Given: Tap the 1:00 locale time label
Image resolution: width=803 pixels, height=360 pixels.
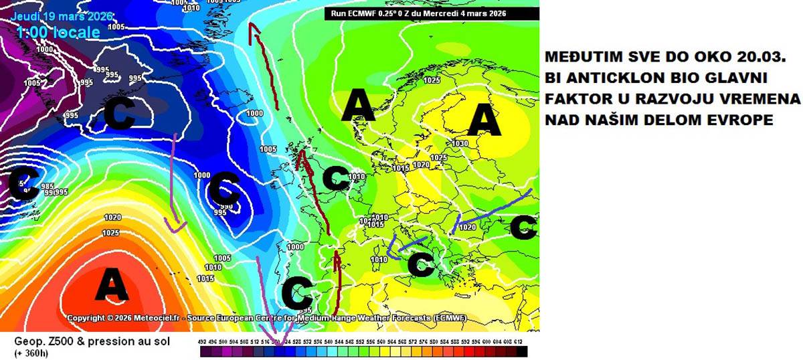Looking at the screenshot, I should point(59,31).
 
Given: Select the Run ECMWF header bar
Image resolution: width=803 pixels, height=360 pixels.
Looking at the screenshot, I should point(432,13).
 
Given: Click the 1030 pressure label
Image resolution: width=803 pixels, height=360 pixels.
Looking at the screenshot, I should point(460,144).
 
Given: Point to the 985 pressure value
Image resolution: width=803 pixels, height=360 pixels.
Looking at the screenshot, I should point(48,187).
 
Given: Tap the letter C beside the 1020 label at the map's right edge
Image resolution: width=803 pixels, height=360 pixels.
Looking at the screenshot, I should point(523,228).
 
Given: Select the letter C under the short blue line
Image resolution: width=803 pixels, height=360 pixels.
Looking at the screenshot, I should point(421,264).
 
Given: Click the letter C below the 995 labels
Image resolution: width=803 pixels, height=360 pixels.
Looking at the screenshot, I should point(122,114).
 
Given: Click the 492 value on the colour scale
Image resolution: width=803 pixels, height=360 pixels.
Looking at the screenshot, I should point(203,342).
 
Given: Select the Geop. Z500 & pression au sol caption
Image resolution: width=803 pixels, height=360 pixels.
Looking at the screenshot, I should point(92,342).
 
